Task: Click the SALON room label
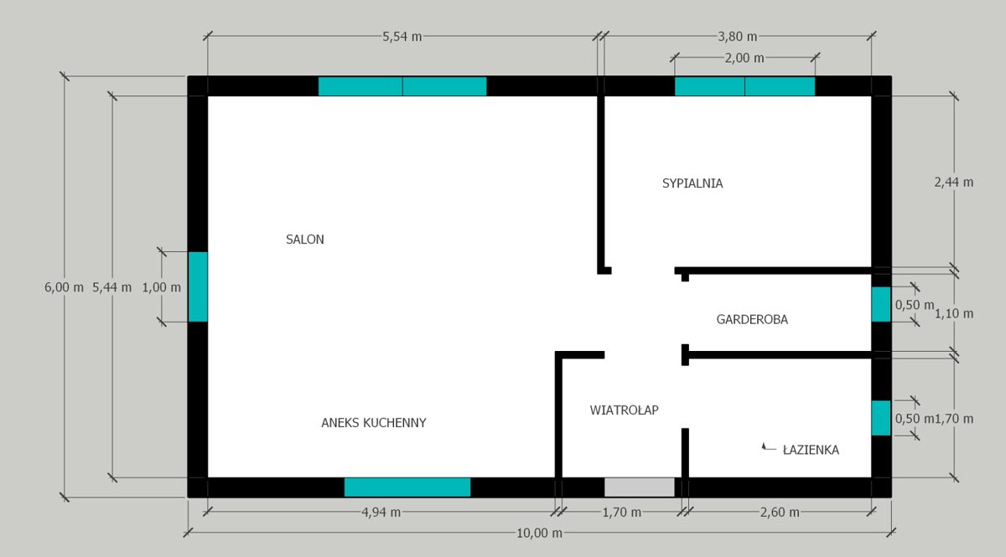pyautogui.click(x=304, y=240)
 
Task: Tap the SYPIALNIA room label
pyautogui.click(x=692, y=183)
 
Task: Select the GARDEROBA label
pyautogui.click(x=752, y=319)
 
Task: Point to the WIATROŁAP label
pyautogui.click(x=624, y=410)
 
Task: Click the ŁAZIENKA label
pyautogui.click(x=810, y=450)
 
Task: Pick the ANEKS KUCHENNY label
pyautogui.click(x=374, y=423)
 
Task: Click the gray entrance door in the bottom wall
pyautogui.click(x=640, y=487)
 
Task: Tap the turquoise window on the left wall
pyautogui.click(x=197, y=286)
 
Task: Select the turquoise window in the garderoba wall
pyautogui.click(x=880, y=304)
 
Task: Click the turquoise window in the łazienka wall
pyautogui.click(x=880, y=418)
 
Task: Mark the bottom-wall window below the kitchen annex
pyautogui.click(x=407, y=487)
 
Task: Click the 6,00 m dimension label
pyautogui.click(x=64, y=286)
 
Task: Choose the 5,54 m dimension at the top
pyautogui.click(x=402, y=37)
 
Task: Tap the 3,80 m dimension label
pyautogui.click(x=737, y=37)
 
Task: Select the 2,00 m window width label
pyautogui.click(x=744, y=58)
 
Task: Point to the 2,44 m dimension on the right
pyautogui.click(x=954, y=182)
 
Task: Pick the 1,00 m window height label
pyautogui.click(x=162, y=286)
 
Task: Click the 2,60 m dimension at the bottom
pyautogui.click(x=779, y=513)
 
